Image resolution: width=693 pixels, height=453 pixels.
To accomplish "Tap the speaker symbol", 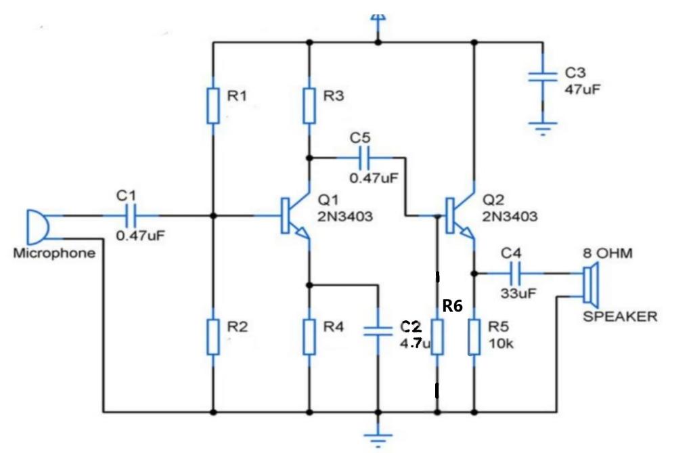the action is coord(591,285).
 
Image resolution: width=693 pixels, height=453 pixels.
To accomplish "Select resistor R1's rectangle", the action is coord(213,106).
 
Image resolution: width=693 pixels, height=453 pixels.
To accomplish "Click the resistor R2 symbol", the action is coord(213,337).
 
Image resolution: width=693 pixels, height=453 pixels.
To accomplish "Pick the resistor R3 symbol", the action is coord(309,106).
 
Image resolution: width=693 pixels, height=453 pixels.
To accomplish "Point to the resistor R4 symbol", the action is coord(309,337).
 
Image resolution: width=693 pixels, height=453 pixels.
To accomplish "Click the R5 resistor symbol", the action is coord(474,337).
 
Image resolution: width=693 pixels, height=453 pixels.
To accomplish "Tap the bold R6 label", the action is coord(452,305).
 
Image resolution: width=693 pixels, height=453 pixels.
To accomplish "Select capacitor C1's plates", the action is coord(131,216).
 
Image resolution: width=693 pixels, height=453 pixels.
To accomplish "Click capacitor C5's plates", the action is coord(365,158).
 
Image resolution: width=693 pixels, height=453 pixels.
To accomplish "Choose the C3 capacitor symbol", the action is coord(543,77).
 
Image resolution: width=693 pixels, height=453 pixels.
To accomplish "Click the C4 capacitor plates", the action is coord(515,274).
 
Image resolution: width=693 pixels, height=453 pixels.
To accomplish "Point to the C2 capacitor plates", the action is coord(378,331).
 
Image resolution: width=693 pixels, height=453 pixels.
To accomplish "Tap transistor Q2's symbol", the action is coord(460,216).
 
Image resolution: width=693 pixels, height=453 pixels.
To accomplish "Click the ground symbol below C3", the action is coord(543,128).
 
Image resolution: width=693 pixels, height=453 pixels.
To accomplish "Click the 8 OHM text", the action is coord(607,253).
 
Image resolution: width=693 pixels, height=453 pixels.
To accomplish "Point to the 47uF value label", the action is coord(583,89).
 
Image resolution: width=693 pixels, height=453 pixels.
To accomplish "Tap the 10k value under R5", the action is coord(501,344).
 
